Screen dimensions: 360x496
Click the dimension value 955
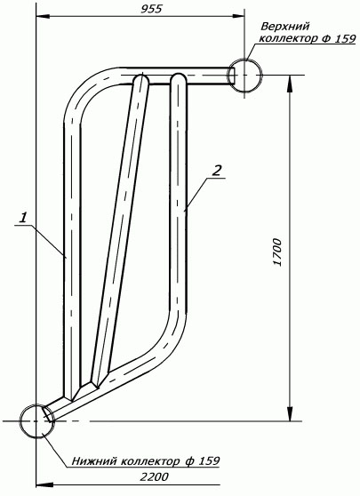(x=151, y=9)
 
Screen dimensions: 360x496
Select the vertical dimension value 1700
(x=276, y=252)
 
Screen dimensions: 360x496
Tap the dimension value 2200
(x=155, y=476)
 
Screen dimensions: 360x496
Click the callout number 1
(x=23, y=218)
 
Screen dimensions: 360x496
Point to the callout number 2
(x=216, y=172)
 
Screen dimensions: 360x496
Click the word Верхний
(x=285, y=27)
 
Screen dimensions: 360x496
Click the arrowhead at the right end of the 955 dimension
(x=239, y=16)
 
